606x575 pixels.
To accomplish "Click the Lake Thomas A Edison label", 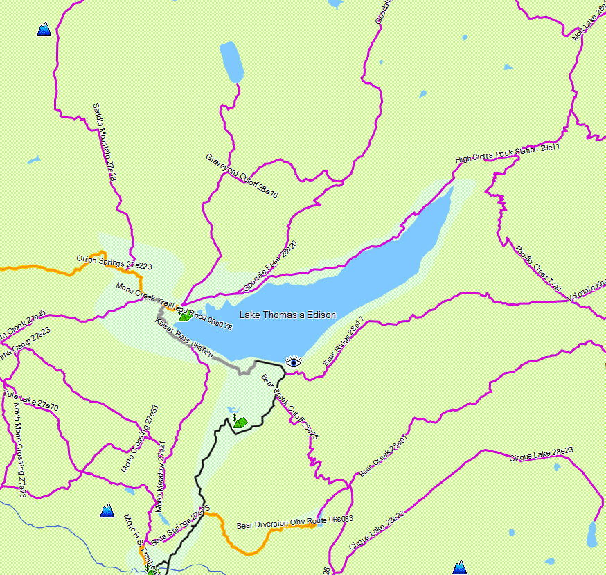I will (x=287, y=315).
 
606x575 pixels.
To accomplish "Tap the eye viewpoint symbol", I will (x=294, y=362).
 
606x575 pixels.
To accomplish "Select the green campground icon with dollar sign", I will (x=239, y=421).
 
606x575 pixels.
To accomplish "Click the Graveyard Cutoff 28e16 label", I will (x=242, y=177).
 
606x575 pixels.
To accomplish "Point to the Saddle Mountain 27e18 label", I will (x=105, y=143).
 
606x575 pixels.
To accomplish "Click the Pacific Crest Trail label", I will (x=538, y=267).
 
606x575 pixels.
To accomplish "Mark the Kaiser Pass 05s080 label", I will (x=184, y=337).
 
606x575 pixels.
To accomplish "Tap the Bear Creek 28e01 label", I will (x=384, y=456).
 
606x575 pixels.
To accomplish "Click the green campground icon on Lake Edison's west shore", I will (x=185, y=317).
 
